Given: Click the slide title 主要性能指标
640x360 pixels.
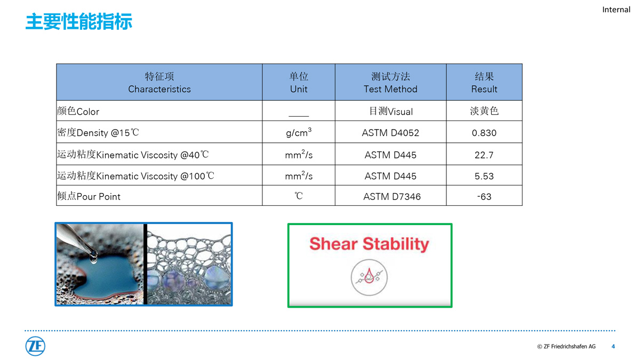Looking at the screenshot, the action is tap(79, 21).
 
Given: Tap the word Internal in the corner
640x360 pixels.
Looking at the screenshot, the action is tap(616, 10).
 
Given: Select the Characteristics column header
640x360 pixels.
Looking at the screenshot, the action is tap(159, 83).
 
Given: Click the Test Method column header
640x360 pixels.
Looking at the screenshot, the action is tap(390, 83).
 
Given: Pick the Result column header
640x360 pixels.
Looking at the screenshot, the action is tap(484, 83).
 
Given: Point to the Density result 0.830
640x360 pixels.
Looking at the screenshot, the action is tap(484, 133).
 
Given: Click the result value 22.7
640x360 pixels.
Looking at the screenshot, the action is tap(484, 155).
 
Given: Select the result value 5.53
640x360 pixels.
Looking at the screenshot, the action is tap(484, 176).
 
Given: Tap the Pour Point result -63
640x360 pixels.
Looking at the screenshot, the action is tap(484, 197).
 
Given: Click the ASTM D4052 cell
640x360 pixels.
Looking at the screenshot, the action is tap(390, 133).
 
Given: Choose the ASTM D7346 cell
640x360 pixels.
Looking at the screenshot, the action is tap(391, 197).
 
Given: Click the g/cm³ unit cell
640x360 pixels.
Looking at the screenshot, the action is tap(299, 133).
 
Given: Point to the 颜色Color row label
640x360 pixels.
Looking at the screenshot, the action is tap(78, 111).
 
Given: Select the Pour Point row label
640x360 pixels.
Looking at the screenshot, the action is tap(89, 196).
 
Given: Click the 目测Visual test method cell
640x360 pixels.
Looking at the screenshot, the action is tap(390, 111).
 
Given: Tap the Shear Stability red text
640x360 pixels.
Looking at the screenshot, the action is tap(369, 244).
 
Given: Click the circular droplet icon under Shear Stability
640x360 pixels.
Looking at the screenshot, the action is tap(369, 277).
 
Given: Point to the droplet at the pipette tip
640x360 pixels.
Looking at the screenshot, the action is tap(93, 258).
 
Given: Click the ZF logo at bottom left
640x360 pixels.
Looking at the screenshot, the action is tap(35, 346).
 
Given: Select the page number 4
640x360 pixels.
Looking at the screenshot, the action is tap(613, 346).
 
